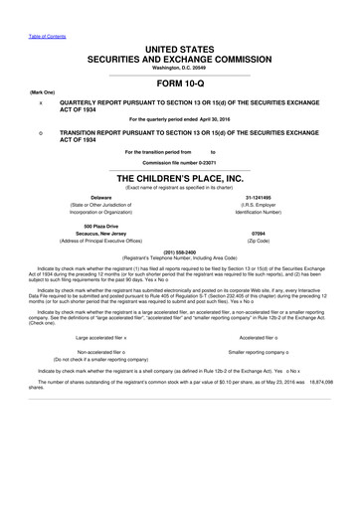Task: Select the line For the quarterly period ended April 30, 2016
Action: (179, 119)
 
